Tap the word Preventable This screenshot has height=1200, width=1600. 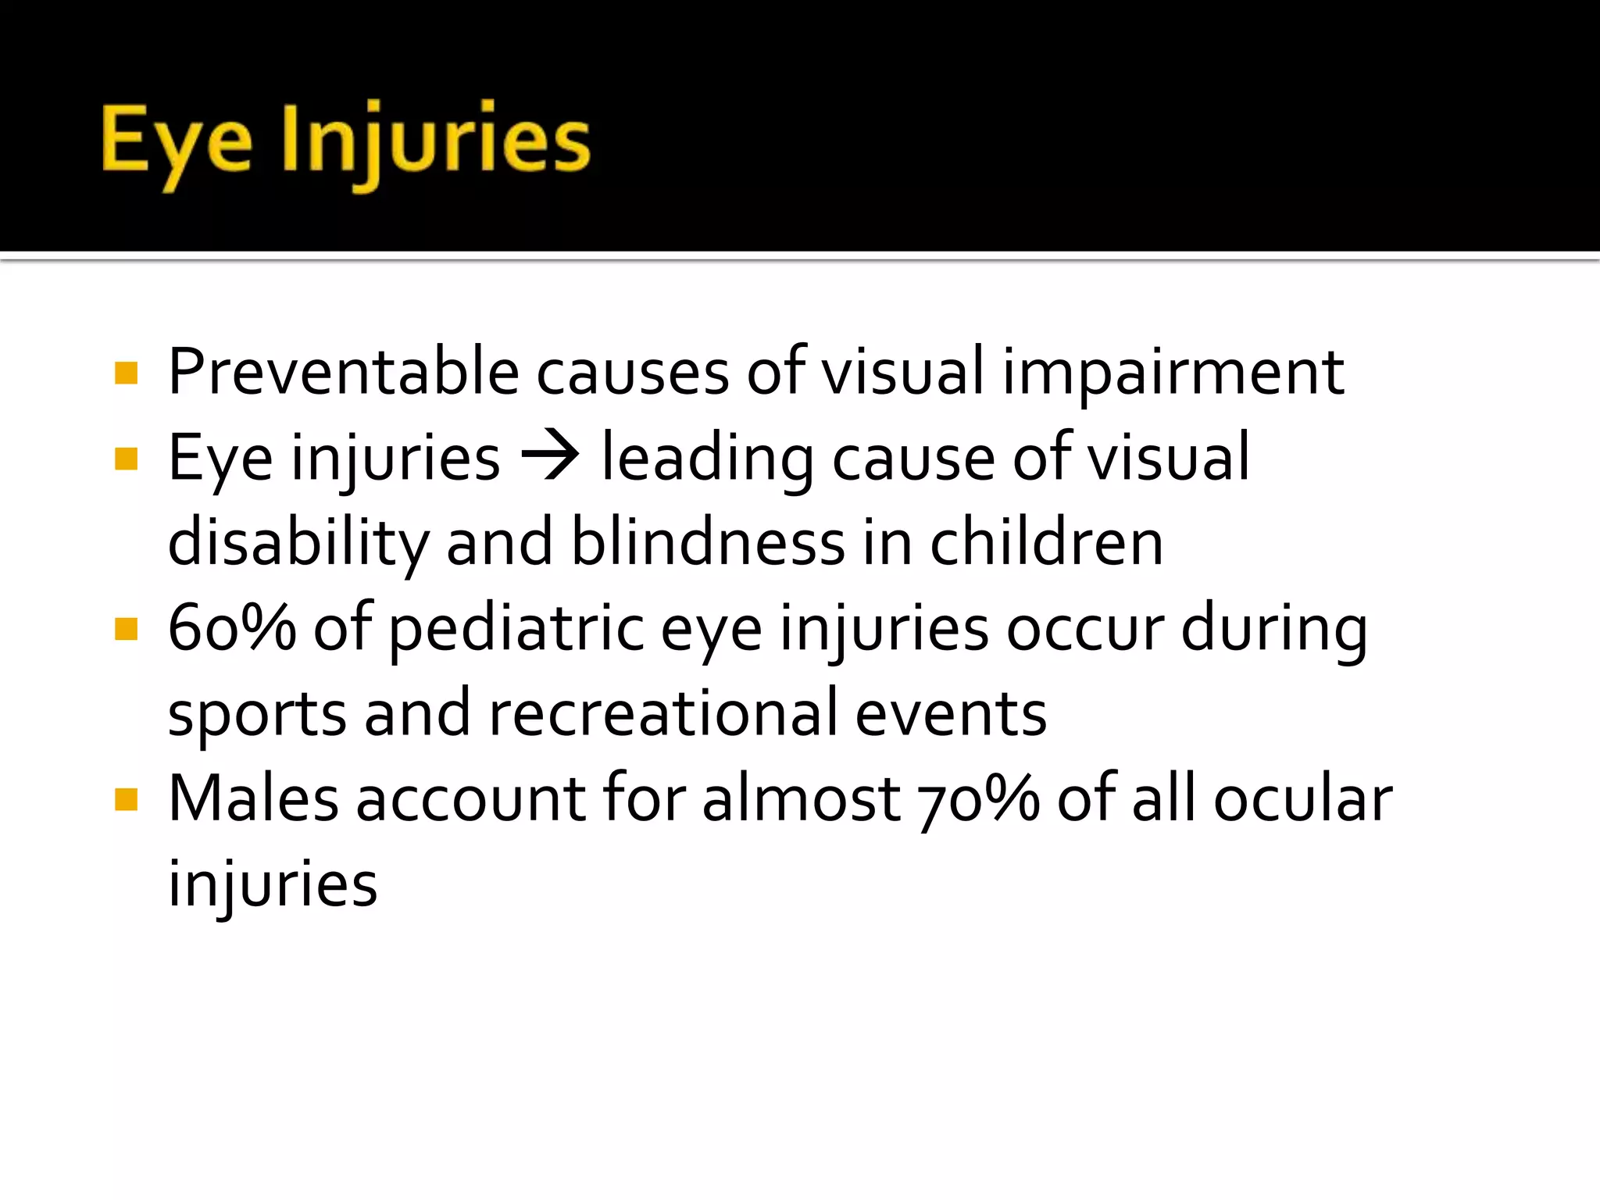pyautogui.click(x=344, y=372)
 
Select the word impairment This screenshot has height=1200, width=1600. pyautogui.click(x=1173, y=373)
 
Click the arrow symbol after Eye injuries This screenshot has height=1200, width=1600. pyautogui.click(x=550, y=456)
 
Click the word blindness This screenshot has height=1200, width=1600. pyautogui.click(x=708, y=542)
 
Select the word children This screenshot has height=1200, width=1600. pyautogui.click(x=1046, y=542)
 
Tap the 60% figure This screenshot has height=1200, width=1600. pyautogui.click(x=232, y=628)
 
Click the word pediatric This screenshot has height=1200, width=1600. pyautogui.click(x=516, y=630)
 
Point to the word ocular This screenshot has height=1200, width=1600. pyautogui.click(x=1302, y=798)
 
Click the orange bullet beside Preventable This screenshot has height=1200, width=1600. pyautogui.click(x=126, y=373)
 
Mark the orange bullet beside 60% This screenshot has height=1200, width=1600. pyautogui.click(x=126, y=629)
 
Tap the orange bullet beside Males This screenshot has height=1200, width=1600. pyautogui.click(x=126, y=799)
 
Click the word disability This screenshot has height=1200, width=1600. pyautogui.click(x=298, y=544)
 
